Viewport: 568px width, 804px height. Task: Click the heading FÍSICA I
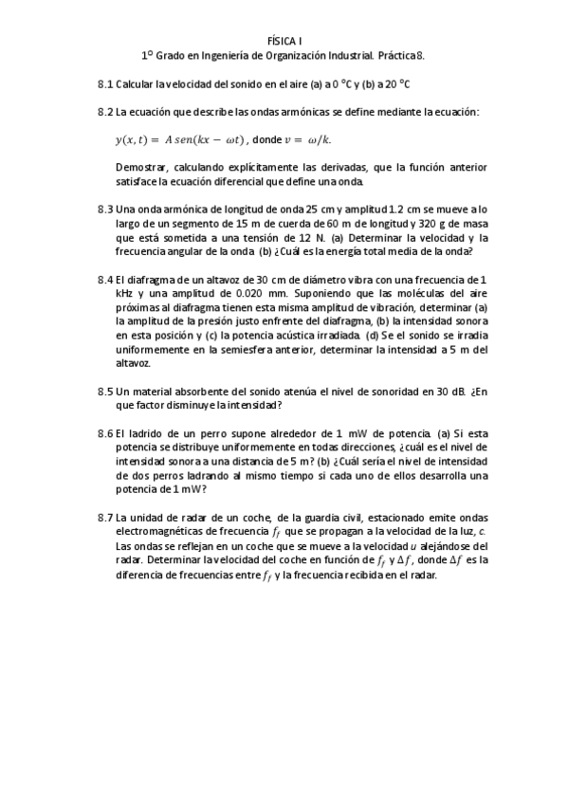tap(284, 41)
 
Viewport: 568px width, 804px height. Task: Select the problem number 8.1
tap(105, 84)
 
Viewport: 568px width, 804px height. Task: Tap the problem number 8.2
tap(105, 112)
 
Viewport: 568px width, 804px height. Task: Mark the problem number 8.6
tap(105, 432)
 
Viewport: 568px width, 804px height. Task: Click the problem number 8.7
tap(105, 517)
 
